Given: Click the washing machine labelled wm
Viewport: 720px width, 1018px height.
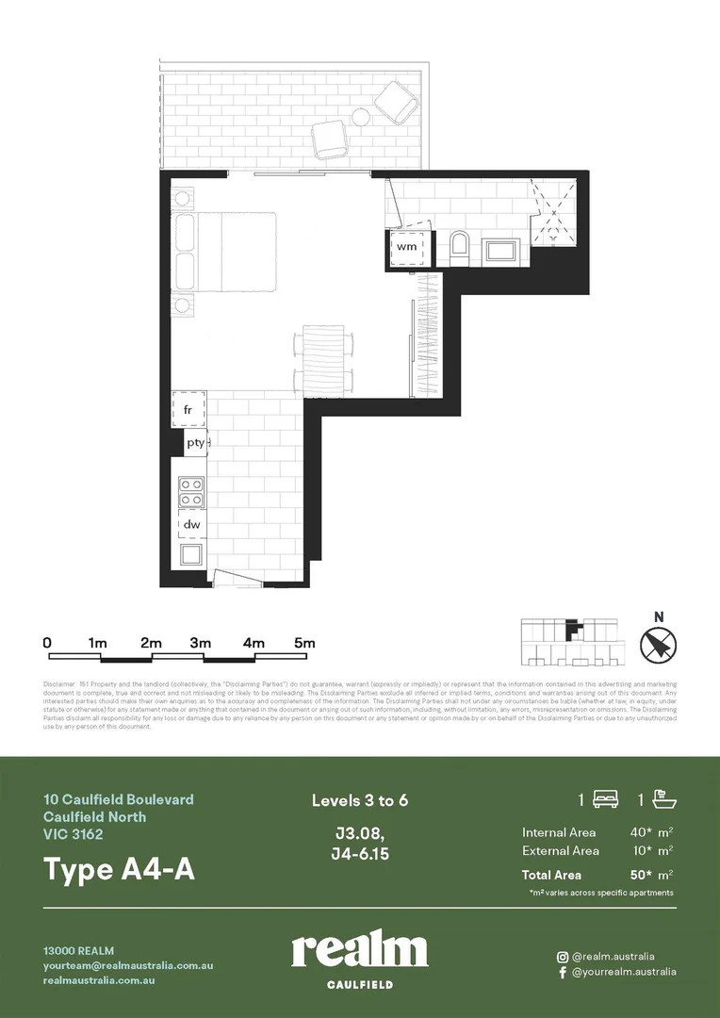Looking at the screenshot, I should click(407, 247).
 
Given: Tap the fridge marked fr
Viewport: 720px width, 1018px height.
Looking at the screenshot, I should click(188, 409).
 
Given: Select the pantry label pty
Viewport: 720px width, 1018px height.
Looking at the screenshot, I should click(195, 442).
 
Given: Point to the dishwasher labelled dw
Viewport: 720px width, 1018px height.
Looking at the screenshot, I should click(191, 524).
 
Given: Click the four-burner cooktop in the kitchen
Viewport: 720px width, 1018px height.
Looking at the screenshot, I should click(191, 492).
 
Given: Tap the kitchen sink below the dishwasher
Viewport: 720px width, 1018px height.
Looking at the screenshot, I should click(191, 553).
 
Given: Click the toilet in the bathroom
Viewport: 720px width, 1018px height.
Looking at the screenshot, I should click(460, 247).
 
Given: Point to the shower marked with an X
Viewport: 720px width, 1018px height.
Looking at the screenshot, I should click(555, 214).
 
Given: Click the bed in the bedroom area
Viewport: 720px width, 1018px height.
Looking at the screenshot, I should click(236, 252).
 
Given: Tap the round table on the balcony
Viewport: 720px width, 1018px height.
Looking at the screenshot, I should click(362, 117).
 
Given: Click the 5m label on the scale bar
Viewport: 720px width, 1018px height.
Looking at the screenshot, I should click(303, 642).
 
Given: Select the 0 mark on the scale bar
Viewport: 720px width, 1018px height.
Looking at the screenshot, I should click(47, 642).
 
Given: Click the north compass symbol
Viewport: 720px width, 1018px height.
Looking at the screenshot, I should click(659, 645).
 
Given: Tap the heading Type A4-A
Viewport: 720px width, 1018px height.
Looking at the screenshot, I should click(119, 869).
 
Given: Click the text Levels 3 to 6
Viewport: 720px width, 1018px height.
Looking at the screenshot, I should click(360, 801).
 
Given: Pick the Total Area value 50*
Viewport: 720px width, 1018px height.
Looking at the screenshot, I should click(643, 875).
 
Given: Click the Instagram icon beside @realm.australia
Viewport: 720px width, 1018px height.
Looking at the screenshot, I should click(563, 956).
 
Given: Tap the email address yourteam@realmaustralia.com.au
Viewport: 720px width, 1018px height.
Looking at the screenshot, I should click(128, 965).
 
